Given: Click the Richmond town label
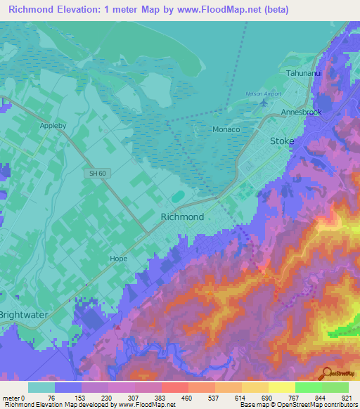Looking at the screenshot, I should [x=183, y=217].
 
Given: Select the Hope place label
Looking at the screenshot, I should [x=118, y=259].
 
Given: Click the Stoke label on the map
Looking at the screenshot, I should [x=283, y=141].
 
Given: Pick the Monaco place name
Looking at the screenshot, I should [x=226, y=130].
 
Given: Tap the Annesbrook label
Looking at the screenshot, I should [x=302, y=112].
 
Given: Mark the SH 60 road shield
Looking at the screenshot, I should [x=96, y=173].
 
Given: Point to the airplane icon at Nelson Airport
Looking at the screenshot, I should [x=264, y=103].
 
